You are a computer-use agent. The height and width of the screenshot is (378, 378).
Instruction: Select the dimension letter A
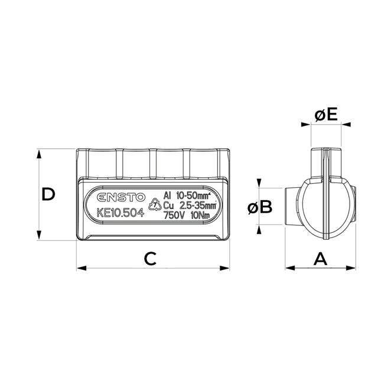320,258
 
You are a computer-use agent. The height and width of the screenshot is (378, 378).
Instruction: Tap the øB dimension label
259,207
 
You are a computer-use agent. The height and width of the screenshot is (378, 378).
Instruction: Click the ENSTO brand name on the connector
117,198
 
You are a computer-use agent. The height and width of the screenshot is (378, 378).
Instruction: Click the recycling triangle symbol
155,206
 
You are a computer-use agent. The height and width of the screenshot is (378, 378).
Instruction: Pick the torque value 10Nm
202,215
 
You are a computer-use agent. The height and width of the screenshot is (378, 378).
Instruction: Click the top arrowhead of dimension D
40,152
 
